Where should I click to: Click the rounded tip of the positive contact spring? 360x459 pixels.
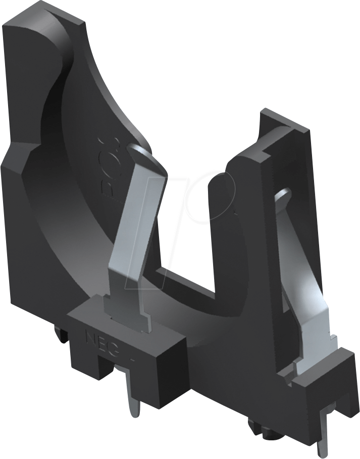[282, 195]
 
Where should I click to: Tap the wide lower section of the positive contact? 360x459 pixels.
[314, 343]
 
